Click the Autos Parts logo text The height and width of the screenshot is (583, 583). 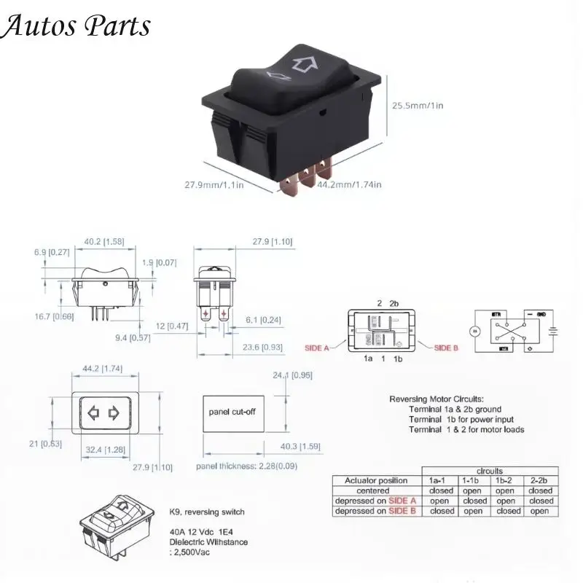[76, 26]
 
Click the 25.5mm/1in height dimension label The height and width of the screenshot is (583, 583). [418, 106]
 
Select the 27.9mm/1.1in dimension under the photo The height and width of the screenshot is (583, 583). [214, 185]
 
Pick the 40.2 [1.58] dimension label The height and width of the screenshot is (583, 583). [103, 242]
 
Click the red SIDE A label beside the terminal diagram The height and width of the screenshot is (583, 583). [316, 348]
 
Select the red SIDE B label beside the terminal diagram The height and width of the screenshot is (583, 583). [446, 348]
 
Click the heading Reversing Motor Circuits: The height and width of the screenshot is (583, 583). [436, 399]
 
